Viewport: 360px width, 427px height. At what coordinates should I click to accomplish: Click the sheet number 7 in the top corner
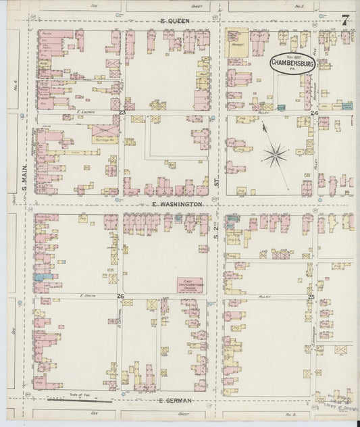pos(344,20)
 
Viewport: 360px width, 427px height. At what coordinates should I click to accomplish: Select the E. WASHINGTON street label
pos(172,203)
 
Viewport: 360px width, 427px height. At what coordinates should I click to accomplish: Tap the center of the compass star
pos(275,156)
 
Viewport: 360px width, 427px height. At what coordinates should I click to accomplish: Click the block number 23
pos(122,111)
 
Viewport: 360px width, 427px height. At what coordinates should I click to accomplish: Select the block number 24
pos(314,113)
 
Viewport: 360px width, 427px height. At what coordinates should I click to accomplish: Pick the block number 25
pos(311,297)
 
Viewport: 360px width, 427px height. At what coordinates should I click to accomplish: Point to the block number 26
pos(120,297)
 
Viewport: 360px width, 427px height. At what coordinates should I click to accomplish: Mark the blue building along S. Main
pos(41,276)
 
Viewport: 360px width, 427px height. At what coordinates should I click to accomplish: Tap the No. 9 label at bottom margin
pos(290,413)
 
